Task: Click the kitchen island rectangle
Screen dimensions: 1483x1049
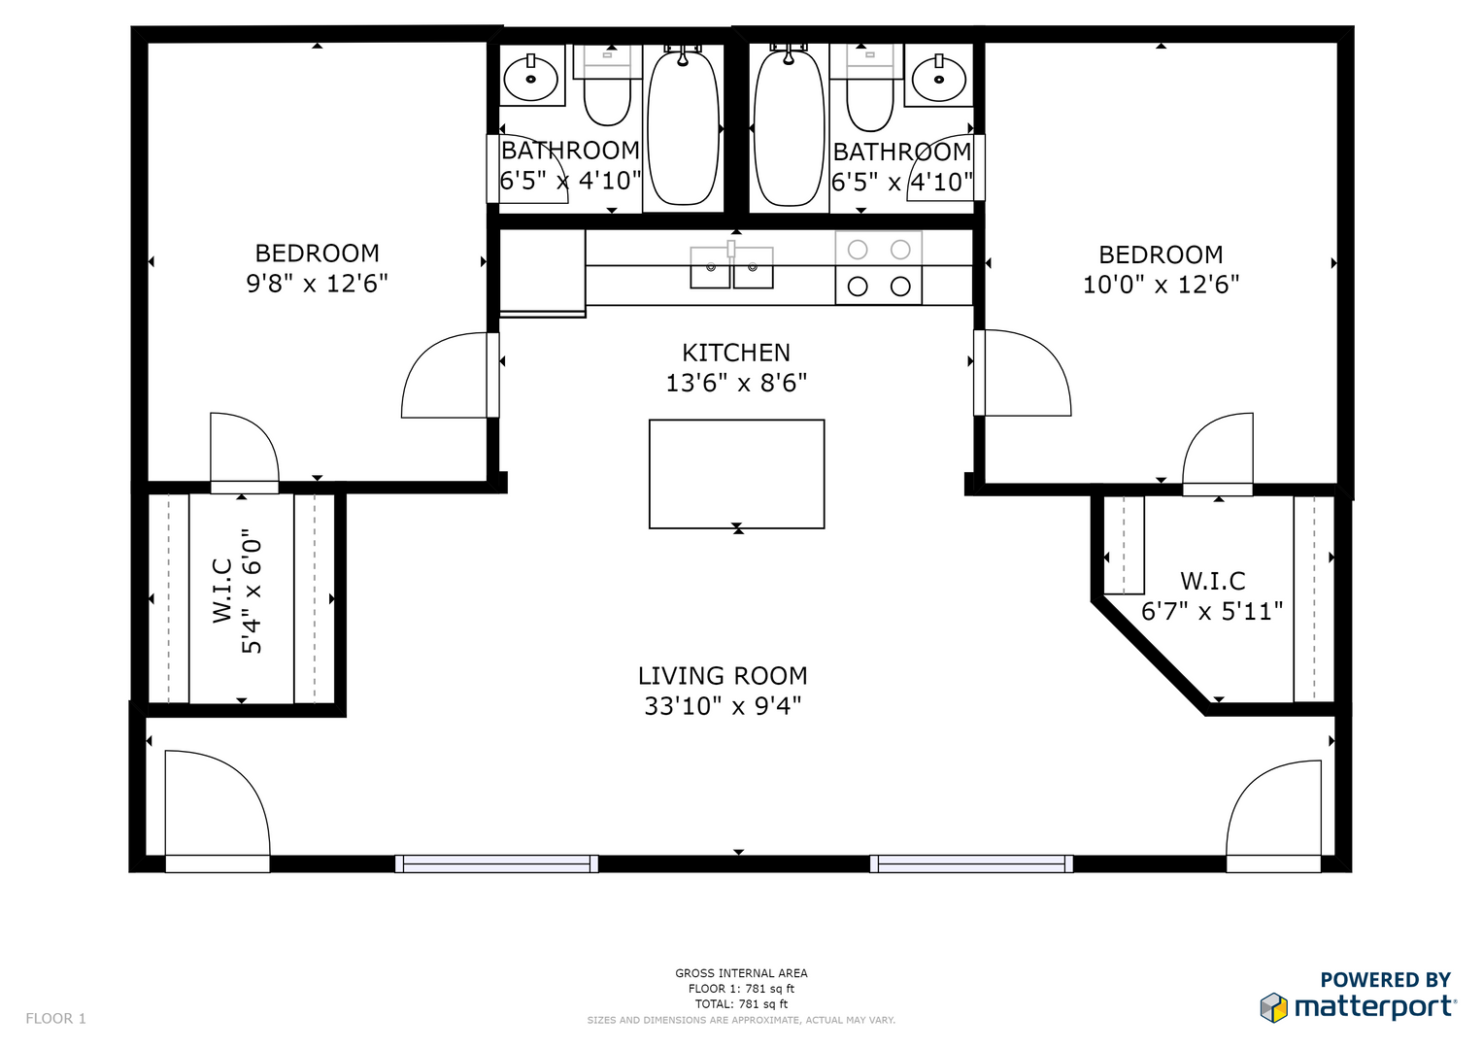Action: click(736, 474)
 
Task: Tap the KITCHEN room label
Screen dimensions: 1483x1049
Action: click(736, 353)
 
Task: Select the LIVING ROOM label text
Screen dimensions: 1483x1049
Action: click(723, 676)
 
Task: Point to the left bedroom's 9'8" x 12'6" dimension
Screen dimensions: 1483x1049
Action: click(317, 284)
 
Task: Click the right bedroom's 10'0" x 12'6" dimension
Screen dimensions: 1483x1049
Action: click(1161, 285)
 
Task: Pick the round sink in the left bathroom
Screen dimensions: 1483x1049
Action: click(531, 78)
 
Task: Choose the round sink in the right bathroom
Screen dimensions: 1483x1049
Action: click(939, 78)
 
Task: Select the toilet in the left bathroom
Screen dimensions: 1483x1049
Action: click(607, 86)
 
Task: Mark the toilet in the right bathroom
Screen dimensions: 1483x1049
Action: click(870, 88)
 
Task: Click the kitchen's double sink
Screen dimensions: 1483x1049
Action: click(731, 266)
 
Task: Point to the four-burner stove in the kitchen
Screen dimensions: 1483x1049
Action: click(879, 267)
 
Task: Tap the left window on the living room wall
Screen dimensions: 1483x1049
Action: click(496, 863)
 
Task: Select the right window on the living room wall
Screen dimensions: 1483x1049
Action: click(971, 863)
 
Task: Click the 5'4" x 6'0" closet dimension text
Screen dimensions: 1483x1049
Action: click(252, 592)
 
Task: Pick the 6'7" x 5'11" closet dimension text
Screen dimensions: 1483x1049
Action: click(1212, 611)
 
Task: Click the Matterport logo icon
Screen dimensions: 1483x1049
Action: click(1274, 1007)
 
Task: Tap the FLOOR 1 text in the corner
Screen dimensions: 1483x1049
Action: click(55, 1019)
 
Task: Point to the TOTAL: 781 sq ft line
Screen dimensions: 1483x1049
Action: click(741, 1004)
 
